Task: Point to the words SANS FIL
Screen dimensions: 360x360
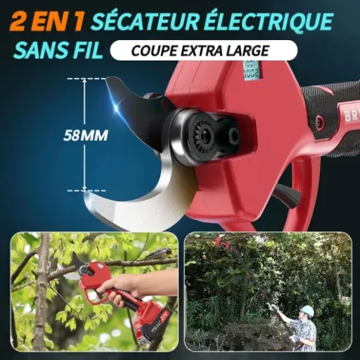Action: [58, 51]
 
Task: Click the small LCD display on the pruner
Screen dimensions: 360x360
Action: [250, 70]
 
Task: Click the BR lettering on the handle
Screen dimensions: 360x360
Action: [349, 113]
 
